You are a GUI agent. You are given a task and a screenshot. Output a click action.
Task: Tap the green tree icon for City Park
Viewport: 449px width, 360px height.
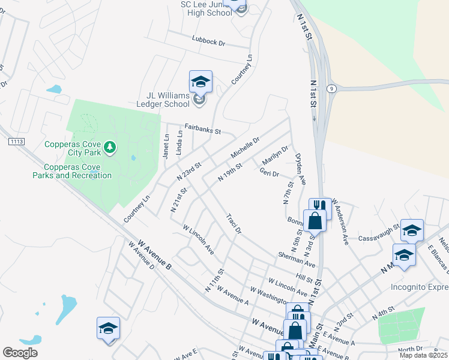pos(109,147)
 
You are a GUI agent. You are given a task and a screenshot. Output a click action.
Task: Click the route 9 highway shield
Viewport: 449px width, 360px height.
pos(331,88)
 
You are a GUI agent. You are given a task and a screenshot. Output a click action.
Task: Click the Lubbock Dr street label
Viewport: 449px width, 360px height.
pos(208,43)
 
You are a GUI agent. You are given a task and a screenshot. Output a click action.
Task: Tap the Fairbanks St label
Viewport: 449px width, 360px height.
pos(203,128)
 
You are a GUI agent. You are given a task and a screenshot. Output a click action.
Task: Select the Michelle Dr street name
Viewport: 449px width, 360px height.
pos(245,148)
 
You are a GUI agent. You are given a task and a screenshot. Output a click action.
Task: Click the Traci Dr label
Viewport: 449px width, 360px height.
pos(234,223)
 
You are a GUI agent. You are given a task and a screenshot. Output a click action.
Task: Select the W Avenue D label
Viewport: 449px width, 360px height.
pos(142,256)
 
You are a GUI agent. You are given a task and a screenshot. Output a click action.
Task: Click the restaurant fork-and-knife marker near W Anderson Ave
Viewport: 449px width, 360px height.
pos(321,208)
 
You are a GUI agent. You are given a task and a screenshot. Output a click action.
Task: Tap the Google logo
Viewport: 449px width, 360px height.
pos(20,353)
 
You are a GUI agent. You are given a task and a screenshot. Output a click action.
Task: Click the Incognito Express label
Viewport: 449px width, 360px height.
pos(419,286)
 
